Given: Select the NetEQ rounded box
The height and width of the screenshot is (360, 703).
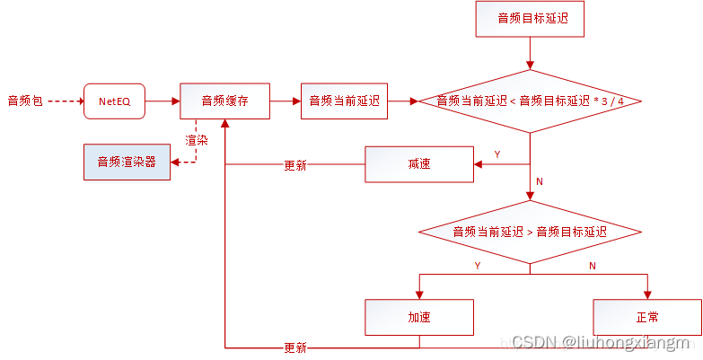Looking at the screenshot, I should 113,101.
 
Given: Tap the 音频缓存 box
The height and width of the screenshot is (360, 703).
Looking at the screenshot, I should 224,101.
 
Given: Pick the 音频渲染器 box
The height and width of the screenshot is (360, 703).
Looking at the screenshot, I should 127,162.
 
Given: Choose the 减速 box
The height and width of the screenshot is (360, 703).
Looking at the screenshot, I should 418,165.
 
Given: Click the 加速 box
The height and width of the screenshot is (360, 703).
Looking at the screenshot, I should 418,317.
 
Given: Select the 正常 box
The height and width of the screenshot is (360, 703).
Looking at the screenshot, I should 646,317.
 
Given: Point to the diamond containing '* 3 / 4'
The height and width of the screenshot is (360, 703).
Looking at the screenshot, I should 530,101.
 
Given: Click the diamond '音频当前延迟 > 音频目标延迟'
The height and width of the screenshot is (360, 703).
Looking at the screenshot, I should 530,232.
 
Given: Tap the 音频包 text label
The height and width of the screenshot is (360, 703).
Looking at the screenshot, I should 25,101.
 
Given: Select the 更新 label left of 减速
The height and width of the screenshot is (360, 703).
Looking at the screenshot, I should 294,165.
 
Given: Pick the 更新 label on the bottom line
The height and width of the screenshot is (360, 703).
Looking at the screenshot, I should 294,347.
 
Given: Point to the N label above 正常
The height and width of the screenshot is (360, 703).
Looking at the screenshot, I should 592,266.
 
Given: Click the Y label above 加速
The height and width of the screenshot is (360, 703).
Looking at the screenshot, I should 477,266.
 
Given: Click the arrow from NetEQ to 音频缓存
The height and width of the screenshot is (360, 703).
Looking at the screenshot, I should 162,101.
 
